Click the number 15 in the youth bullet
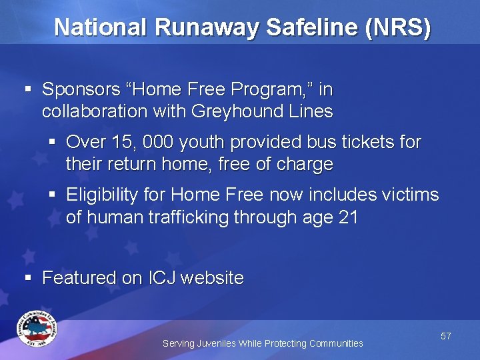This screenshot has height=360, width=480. point(120,142)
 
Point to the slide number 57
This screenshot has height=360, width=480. point(445,337)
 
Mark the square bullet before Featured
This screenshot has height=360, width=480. point(28,277)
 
